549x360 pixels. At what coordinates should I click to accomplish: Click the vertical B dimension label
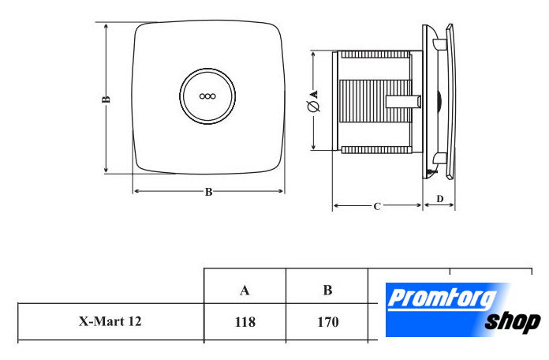point(106,99)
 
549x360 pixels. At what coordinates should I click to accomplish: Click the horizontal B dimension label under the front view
point(209,192)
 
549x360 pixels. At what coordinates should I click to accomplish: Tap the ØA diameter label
point(314,101)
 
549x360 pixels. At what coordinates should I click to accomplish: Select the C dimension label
point(377,207)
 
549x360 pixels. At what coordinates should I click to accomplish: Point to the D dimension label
point(440,199)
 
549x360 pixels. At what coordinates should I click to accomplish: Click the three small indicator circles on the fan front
point(207,96)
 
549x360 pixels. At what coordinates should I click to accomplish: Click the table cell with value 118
point(245,322)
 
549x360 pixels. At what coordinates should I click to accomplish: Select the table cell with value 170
point(327,322)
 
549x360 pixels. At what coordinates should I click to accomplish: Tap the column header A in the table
point(245,291)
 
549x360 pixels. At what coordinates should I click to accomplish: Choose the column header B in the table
point(327,291)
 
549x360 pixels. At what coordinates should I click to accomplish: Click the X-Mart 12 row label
point(110,321)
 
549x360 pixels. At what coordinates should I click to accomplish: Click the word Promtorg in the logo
point(442,298)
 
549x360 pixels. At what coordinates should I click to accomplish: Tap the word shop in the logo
point(513,322)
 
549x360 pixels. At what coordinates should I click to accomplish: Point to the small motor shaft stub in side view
point(404,102)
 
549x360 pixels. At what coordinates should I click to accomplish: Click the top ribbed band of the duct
point(375,54)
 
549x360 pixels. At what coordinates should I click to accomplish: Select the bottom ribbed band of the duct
point(375,150)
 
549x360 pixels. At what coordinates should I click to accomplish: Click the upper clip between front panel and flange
point(439,44)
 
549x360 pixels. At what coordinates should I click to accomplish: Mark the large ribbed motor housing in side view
point(375,101)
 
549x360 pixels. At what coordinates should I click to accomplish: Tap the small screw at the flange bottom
point(432,172)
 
